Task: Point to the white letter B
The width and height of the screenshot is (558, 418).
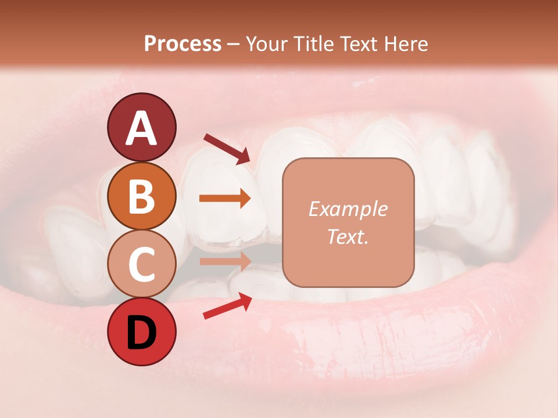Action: click(x=141, y=197)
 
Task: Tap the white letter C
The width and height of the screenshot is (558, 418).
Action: click(x=141, y=264)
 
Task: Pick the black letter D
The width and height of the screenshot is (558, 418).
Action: click(x=141, y=332)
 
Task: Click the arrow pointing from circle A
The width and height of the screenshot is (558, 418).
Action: click(x=227, y=149)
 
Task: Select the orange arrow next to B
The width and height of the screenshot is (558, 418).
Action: click(x=225, y=199)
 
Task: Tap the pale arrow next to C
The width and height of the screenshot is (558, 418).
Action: click(x=225, y=261)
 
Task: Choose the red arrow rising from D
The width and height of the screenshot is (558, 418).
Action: click(x=227, y=306)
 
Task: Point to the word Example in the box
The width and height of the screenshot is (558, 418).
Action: click(x=348, y=209)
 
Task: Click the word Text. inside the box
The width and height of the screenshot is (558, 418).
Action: click(x=348, y=237)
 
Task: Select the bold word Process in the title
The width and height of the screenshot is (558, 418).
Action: click(x=183, y=44)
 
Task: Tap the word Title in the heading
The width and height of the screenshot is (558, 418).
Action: click(x=314, y=44)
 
